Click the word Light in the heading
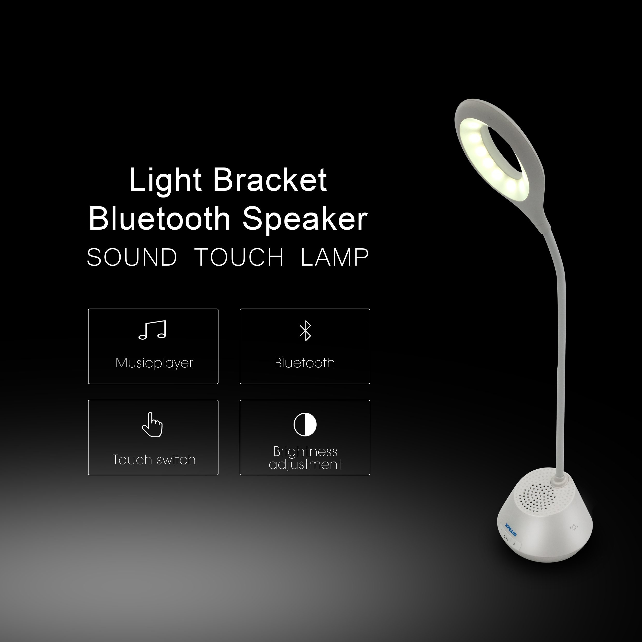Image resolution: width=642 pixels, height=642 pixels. coord(165,180)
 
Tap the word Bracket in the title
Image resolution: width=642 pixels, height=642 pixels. coord(270,180)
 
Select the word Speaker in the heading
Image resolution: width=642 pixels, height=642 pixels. coord(305,219)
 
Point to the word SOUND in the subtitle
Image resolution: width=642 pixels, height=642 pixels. coord(132,258)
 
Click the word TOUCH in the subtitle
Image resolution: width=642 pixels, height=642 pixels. coord(239,258)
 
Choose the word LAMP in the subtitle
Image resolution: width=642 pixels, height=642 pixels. coord(335,258)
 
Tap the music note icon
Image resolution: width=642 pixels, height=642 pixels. coord(152,330)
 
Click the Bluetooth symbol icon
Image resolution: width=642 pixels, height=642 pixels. coord(305,331)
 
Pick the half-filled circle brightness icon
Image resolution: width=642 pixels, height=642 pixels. coord(305,425)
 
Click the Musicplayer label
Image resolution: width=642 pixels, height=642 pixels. coord(154,363)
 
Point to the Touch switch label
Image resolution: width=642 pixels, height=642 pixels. coord(154,460)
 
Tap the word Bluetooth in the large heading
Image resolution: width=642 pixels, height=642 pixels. coord(159,219)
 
